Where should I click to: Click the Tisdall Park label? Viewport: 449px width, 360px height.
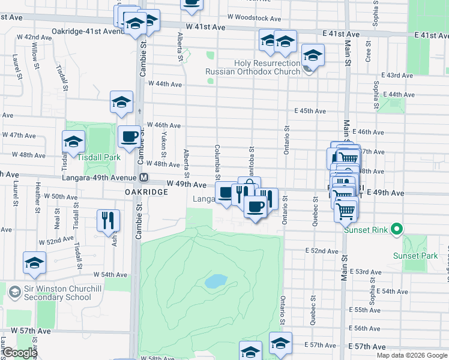[99, 157]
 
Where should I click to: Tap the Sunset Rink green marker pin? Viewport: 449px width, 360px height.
[396, 229]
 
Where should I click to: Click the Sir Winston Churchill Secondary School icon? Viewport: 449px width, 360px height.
[15, 292]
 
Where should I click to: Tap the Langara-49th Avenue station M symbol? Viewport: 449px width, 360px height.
[143, 178]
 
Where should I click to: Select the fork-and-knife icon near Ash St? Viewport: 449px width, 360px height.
[108, 220]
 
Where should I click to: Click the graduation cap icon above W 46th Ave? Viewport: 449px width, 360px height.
[121, 101]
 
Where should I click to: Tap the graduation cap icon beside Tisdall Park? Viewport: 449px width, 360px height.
[73, 142]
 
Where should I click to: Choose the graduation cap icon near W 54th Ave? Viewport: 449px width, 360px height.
[34, 263]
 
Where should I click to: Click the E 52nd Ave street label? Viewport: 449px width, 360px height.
[322, 250]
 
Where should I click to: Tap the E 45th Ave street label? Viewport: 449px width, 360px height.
[310, 111]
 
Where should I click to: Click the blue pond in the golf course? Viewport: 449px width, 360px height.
[216, 280]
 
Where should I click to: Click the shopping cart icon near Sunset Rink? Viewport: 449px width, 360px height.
[346, 210]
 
